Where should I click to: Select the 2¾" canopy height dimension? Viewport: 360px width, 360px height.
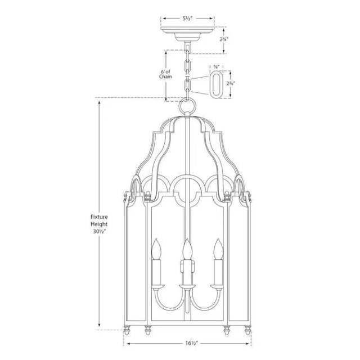pyautogui.click(x=224, y=39)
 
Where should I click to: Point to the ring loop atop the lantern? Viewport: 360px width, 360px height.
pyautogui.click(x=186, y=106)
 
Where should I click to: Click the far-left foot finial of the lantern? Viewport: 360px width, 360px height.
pyautogui.click(x=125, y=328)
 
